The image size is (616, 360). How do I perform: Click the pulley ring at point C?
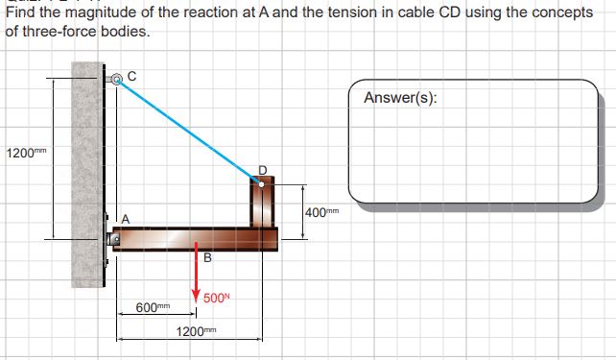coord(117,81)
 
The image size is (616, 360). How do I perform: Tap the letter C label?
coord(132,74)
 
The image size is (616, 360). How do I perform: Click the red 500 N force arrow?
coord(196,274)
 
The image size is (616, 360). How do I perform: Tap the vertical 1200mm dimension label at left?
coord(25,152)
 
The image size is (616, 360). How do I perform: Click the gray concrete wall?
coord(86,173)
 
